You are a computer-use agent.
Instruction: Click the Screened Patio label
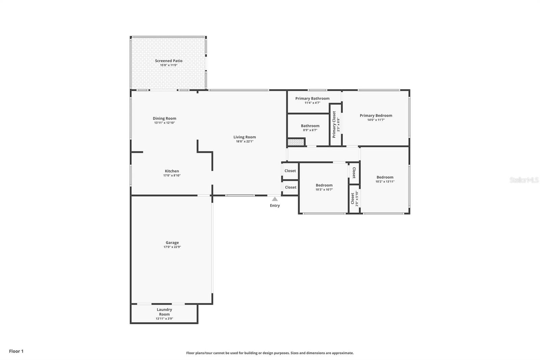168,61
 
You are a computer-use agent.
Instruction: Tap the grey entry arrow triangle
275,199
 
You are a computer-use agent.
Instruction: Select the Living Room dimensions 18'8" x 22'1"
244,142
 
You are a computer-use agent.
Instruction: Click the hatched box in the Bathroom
296,142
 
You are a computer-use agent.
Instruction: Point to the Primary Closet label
334,124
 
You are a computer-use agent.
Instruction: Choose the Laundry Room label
164,312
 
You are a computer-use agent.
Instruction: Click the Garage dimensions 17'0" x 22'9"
172,247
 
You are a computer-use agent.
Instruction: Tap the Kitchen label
172,171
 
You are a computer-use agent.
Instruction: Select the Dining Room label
164,118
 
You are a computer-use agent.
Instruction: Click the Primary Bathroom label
312,98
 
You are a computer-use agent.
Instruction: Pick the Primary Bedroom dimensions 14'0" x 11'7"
376,120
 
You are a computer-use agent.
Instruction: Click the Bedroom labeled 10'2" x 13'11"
385,177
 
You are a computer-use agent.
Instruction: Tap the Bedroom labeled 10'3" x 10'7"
324,185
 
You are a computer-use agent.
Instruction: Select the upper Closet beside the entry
290,171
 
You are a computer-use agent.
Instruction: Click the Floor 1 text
16,351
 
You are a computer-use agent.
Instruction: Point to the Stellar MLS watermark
524,180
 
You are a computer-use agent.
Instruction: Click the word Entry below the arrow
275,205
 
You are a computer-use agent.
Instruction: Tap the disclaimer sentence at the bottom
270,353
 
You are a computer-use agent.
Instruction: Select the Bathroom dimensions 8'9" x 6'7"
310,130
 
